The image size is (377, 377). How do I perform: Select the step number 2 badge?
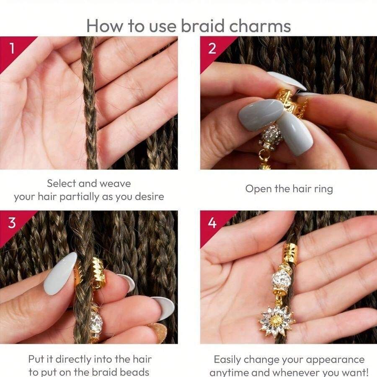(212, 48)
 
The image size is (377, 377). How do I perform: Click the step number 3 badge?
(12, 222)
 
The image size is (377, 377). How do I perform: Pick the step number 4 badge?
(212, 222)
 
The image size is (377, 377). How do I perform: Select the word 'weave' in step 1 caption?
(114, 183)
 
